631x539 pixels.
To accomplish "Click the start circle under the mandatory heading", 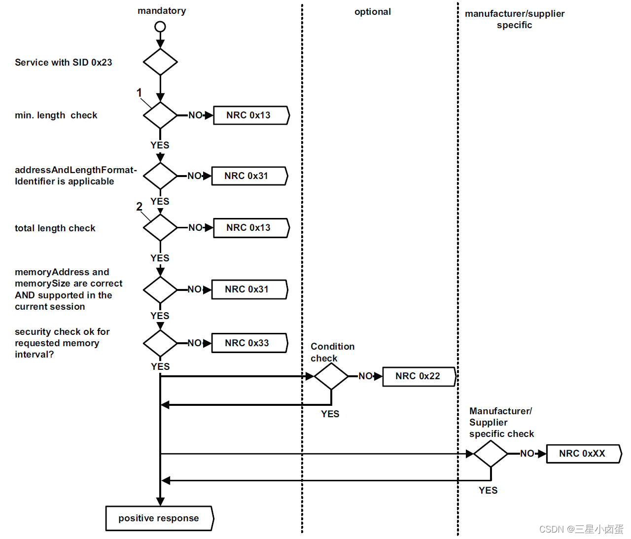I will pos(160,27).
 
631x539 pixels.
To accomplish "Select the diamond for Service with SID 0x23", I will pos(160,62).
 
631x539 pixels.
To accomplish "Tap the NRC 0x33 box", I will pos(248,343).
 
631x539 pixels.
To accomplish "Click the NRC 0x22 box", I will pos(419,376).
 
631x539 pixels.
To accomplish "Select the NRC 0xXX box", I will pos(583,454).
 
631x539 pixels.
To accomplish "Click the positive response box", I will pos(159,518).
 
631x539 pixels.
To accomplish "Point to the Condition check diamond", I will pos(331,377).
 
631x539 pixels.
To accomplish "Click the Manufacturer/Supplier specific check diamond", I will pos(491,454).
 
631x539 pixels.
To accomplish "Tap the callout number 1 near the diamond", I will pos(139,93).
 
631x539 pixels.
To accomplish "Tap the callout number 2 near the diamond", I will pos(139,207).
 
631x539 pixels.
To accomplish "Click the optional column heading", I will pos(373,12).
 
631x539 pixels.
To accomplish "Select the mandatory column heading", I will pos(162,11).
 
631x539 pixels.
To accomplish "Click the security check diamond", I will pos(160,343).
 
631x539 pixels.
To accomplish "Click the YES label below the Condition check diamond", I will pos(330,414).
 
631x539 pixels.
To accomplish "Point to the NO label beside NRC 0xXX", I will pos(527,454).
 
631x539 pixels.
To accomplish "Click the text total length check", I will pos(55,228).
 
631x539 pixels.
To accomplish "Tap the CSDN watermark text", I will pos(581,529).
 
